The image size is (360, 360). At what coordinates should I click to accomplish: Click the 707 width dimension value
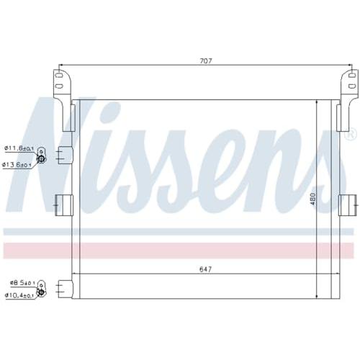[206, 61]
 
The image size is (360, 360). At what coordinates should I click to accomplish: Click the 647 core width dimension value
[206, 269]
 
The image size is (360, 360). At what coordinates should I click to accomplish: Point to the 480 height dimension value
[312, 199]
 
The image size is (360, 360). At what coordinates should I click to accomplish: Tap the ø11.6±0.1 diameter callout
[19, 148]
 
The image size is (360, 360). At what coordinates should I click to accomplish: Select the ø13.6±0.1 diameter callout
[17, 165]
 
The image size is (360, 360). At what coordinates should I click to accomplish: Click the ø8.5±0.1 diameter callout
[22, 283]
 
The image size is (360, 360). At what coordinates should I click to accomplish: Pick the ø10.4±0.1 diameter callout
[19, 296]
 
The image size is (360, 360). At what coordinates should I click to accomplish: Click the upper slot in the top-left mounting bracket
[59, 75]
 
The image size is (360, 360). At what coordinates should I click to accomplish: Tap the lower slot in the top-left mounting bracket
[59, 86]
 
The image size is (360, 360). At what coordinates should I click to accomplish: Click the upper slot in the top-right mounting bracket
[351, 76]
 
